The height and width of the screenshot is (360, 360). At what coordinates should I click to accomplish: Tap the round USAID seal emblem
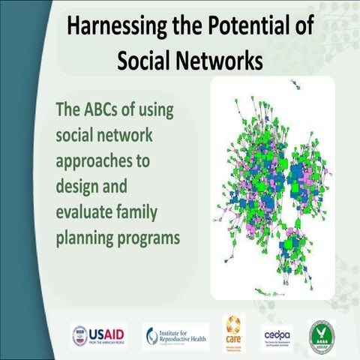(x=79, y=334)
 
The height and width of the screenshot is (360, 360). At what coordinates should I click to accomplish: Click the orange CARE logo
(x=234, y=332)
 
